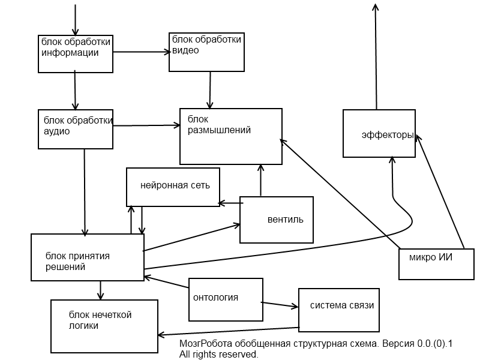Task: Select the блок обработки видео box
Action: [207, 51]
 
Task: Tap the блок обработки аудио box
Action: [75, 129]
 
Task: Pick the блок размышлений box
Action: [231, 136]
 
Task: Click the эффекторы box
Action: [379, 133]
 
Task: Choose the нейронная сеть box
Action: [173, 187]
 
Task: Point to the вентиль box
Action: [276, 220]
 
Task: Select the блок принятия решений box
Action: [87, 257]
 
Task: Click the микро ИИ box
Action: [436, 264]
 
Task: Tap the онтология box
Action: [226, 298]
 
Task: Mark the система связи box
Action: [340, 310]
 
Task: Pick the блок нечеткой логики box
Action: [104, 325]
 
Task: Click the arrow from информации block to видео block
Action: [141, 52]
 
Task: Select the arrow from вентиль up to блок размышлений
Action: [260, 180]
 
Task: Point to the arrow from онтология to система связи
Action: [281, 304]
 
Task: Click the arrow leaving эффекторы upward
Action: [376, 57]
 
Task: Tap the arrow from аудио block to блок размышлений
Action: [146, 125]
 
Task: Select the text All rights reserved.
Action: [218, 355]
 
